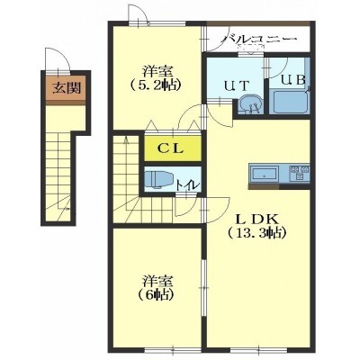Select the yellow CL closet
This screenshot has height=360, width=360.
pos(172,148)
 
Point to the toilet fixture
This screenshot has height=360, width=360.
pos(158,180)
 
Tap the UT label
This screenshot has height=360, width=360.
pos(237,85)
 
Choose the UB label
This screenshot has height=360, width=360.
pos(294,79)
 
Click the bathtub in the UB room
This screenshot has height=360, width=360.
pos(289,103)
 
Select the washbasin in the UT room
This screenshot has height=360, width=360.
pos(250,104)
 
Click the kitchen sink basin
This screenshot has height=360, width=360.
pos(264,175)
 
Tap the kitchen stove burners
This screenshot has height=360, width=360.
pos(299,173)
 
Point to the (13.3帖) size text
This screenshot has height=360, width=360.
pos(256,232)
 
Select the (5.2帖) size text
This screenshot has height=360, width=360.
pos(156,85)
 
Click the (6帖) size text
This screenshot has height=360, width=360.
pos(157,295)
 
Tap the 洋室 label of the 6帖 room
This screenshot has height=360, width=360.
pos(157,282)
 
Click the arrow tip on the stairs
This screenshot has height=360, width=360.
pos(126,137)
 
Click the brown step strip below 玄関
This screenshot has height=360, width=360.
pos(66,103)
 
